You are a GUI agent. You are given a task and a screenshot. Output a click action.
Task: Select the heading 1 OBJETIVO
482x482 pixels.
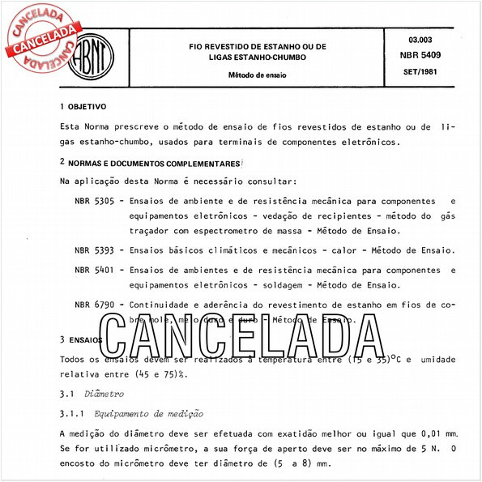pos(83,107)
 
